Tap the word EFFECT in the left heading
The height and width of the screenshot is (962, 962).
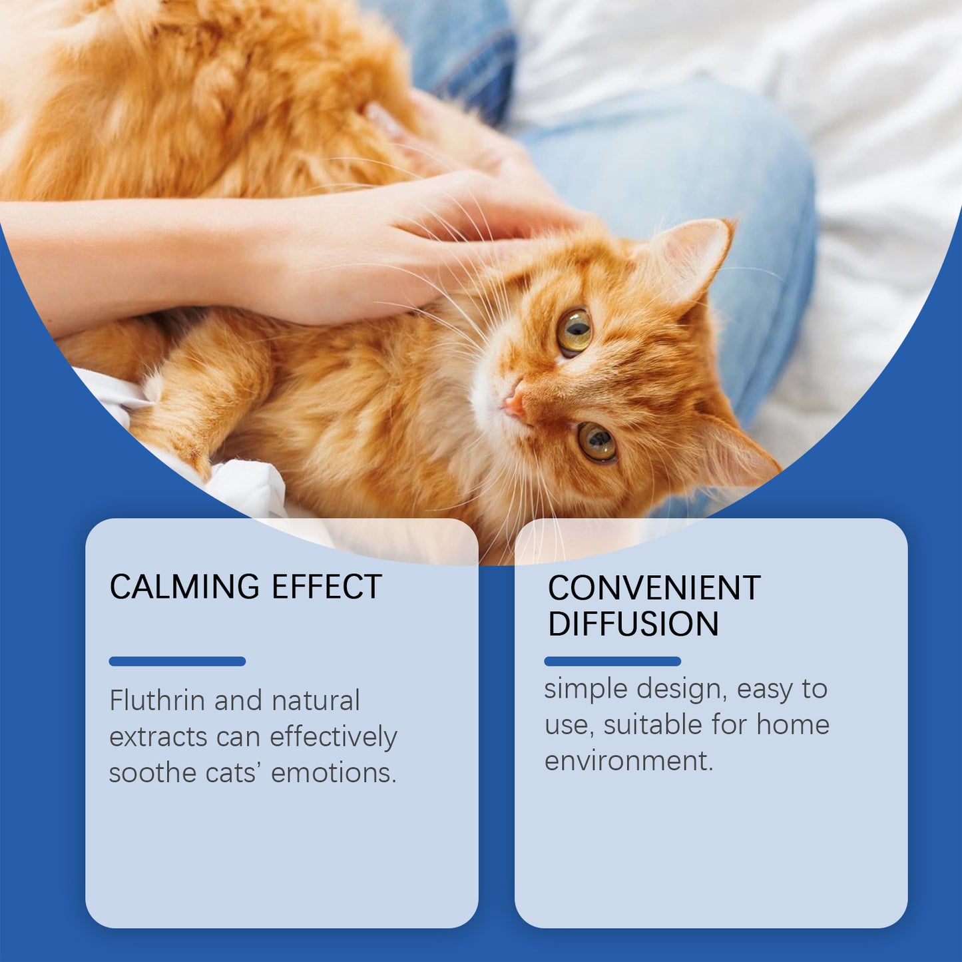(326, 587)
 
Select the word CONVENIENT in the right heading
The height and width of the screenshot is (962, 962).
(654, 588)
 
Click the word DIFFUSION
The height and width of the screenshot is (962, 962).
(633, 624)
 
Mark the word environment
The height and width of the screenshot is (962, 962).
(628, 760)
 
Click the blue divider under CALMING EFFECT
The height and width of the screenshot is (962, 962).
(177, 661)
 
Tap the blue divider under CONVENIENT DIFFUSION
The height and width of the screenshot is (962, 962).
(612, 661)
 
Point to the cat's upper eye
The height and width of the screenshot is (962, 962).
(574, 331)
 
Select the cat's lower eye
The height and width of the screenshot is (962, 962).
(597, 441)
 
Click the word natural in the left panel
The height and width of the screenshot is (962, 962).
(316, 700)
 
